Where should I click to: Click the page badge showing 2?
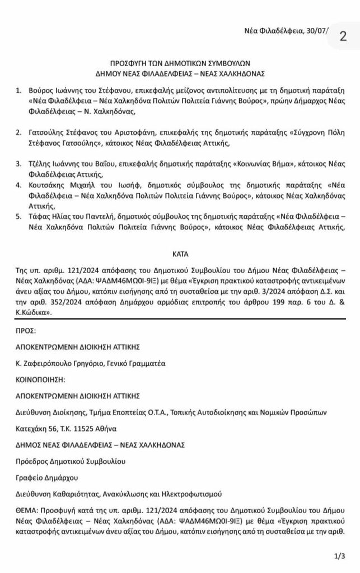tap(343, 35)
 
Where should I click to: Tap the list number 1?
tap(18, 90)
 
